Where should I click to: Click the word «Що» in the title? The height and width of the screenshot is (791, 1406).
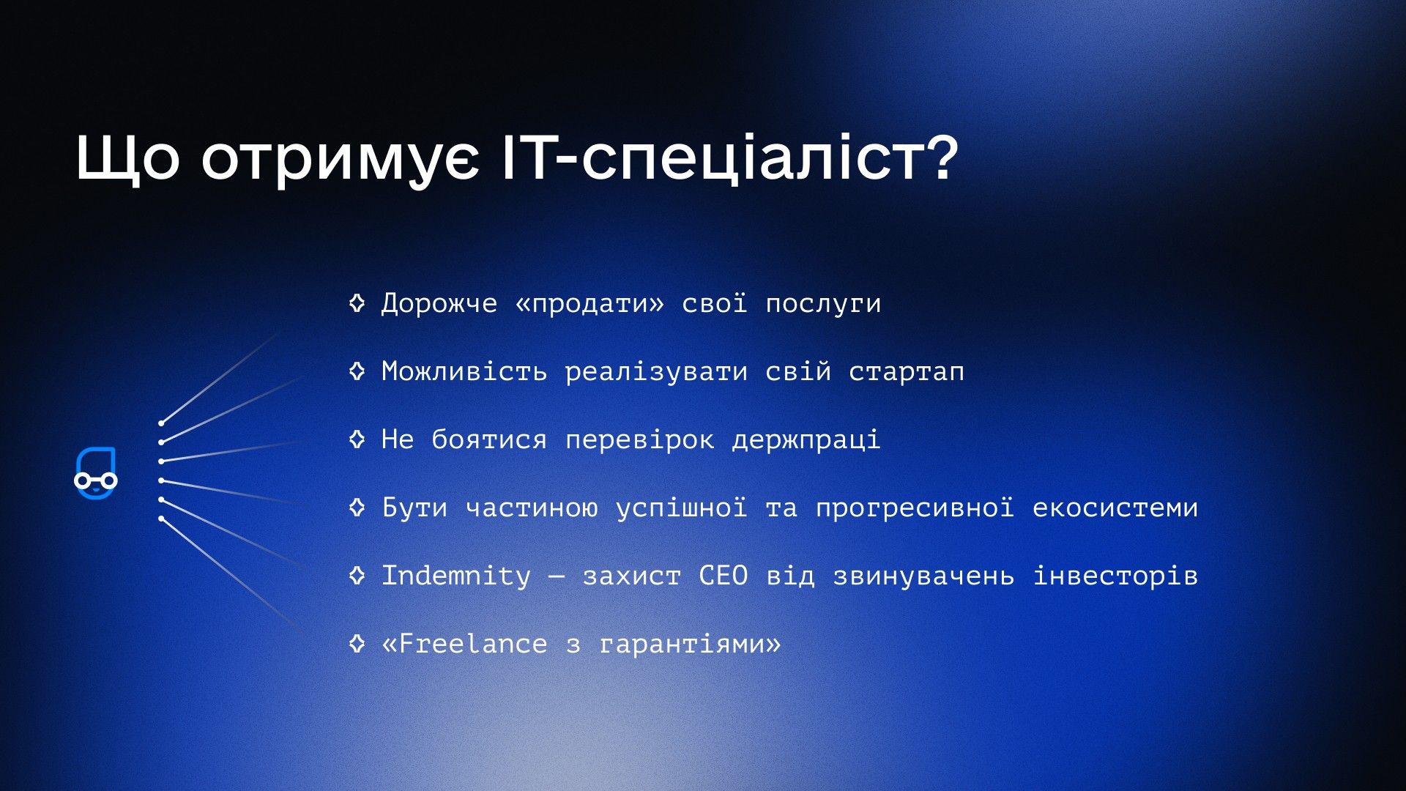[x=127, y=157]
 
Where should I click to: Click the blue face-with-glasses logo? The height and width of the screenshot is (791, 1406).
[x=96, y=474]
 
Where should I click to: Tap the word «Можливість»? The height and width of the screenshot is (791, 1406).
[x=464, y=372]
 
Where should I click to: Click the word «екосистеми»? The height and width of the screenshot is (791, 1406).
[x=1115, y=508]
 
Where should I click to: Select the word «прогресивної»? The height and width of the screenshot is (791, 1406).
[x=915, y=508]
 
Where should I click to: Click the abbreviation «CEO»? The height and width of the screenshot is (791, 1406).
[x=724, y=576]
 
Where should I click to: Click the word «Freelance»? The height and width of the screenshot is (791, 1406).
[x=473, y=644]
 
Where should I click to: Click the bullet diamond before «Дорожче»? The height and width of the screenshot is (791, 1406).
[x=357, y=302]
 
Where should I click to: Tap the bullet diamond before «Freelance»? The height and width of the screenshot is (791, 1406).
[x=357, y=643]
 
